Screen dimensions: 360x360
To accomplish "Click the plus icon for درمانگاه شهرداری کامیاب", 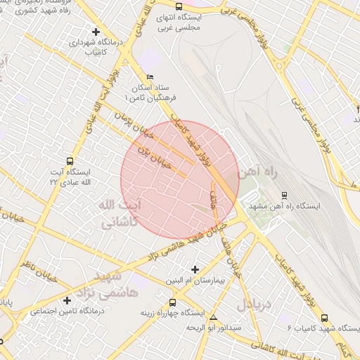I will [96, 31].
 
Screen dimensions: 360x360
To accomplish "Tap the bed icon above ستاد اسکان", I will [148, 77].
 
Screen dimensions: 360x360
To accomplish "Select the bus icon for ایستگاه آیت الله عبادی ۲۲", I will [68, 162].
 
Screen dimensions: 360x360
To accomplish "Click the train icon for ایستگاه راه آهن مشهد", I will [284, 195].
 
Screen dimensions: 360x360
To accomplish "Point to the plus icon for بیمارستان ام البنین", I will [195, 269].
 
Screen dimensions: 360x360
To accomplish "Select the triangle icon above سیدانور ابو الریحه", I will [214, 317].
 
